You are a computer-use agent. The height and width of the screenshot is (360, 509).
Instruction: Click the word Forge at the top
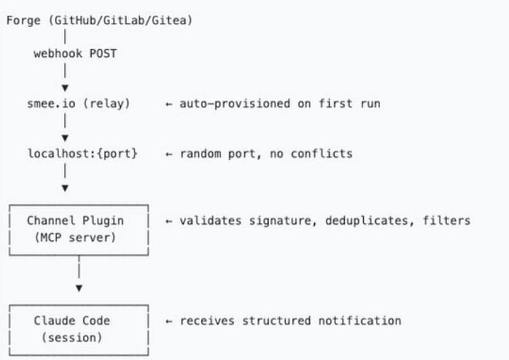23,20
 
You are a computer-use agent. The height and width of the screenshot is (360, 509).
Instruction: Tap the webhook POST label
75,54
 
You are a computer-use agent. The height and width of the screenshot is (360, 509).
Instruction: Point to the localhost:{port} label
82,154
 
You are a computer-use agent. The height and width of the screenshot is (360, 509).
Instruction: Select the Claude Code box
79,328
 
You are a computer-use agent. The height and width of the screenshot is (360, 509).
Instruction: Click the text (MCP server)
75,236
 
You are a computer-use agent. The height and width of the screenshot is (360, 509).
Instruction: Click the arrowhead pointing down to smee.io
64,87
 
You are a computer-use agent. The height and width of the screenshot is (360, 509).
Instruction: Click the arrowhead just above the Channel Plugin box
64,187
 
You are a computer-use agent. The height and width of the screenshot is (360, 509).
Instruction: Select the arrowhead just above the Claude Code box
79,288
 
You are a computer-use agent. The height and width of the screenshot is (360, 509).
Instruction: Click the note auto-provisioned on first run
280,103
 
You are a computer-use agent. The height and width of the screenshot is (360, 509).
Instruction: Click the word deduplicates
369,220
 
